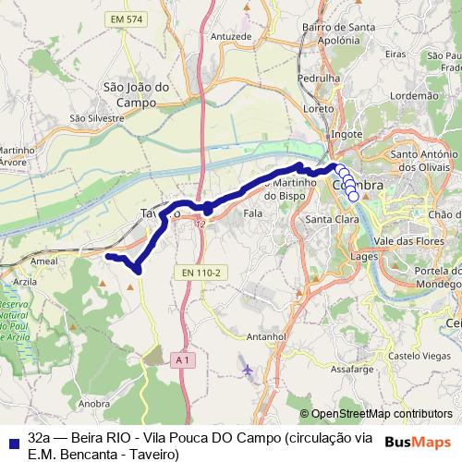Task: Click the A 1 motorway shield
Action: (182, 359)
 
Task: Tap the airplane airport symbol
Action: (247, 371)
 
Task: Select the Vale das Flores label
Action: (409, 238)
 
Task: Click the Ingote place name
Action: (346, 134)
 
